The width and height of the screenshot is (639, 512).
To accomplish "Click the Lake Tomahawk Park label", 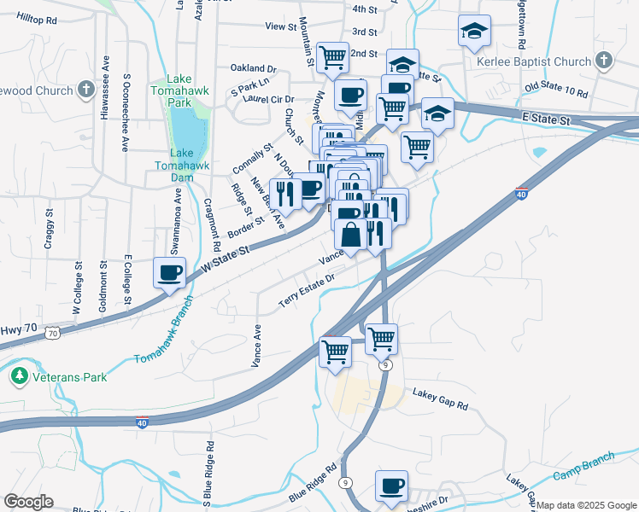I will (x=173, y=96).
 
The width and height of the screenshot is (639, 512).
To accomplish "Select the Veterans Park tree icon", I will (x=19, y=375).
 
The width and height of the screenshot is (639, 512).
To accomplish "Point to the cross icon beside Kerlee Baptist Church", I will (x=604, y=61).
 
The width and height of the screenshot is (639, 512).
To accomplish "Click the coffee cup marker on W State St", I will (x=169, y=273).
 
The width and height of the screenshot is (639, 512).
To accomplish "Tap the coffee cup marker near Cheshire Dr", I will (x=392, y=486).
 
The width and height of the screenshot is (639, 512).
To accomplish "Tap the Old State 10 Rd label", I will (x=556, y=90).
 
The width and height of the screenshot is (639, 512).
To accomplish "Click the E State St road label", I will (x=546, y=121).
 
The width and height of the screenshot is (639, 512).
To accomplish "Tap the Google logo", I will (x=28, y=502).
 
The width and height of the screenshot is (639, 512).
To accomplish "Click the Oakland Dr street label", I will (x=254, y=67).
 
